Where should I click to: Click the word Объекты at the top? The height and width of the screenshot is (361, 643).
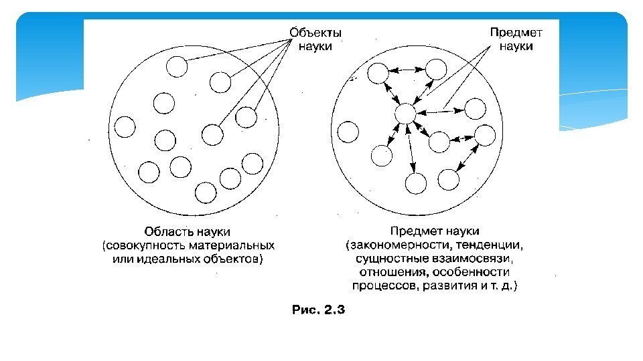315,32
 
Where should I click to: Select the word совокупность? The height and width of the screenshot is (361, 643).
139,245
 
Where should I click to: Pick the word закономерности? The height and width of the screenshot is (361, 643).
395,245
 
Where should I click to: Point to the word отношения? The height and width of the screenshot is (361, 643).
391,272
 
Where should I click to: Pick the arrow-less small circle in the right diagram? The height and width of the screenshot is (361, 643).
348,132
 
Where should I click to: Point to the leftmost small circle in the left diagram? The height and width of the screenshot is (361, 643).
125,127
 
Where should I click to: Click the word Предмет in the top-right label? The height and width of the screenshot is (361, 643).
516,32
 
